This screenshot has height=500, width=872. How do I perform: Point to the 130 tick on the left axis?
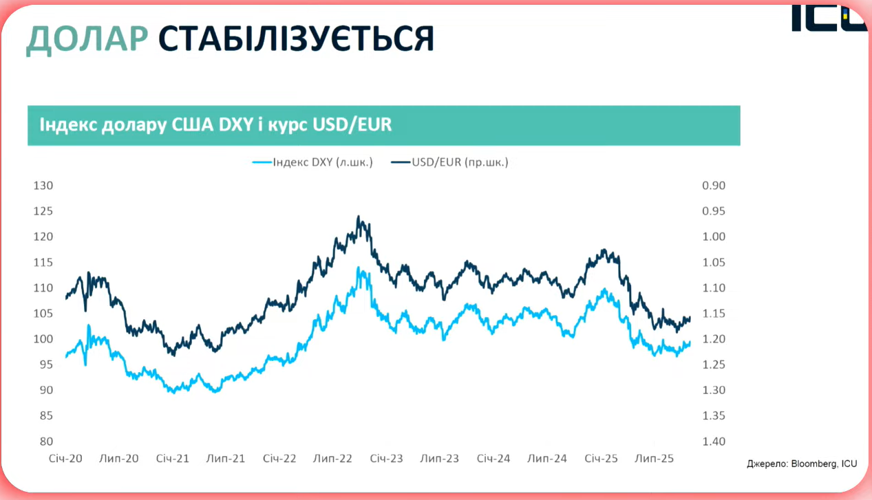pos(43,186)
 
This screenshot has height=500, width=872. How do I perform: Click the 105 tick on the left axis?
pos(43,314)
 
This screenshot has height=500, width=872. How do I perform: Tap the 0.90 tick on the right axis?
pos(713,186)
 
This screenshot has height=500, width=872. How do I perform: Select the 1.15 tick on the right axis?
pos(713,314)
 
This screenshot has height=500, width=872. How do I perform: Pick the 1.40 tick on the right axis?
pos(713,442)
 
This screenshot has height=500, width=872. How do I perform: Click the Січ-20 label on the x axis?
pos(65,459)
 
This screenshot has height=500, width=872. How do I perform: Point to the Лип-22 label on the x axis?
pos(333,459)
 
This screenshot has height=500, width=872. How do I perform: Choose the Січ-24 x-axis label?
pos(493,459)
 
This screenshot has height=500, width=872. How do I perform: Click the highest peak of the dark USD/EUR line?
pos(359,217)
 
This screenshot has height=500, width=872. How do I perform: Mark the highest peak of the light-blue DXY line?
pos(359,268)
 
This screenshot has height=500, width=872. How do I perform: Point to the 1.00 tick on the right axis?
pos(713,237)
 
